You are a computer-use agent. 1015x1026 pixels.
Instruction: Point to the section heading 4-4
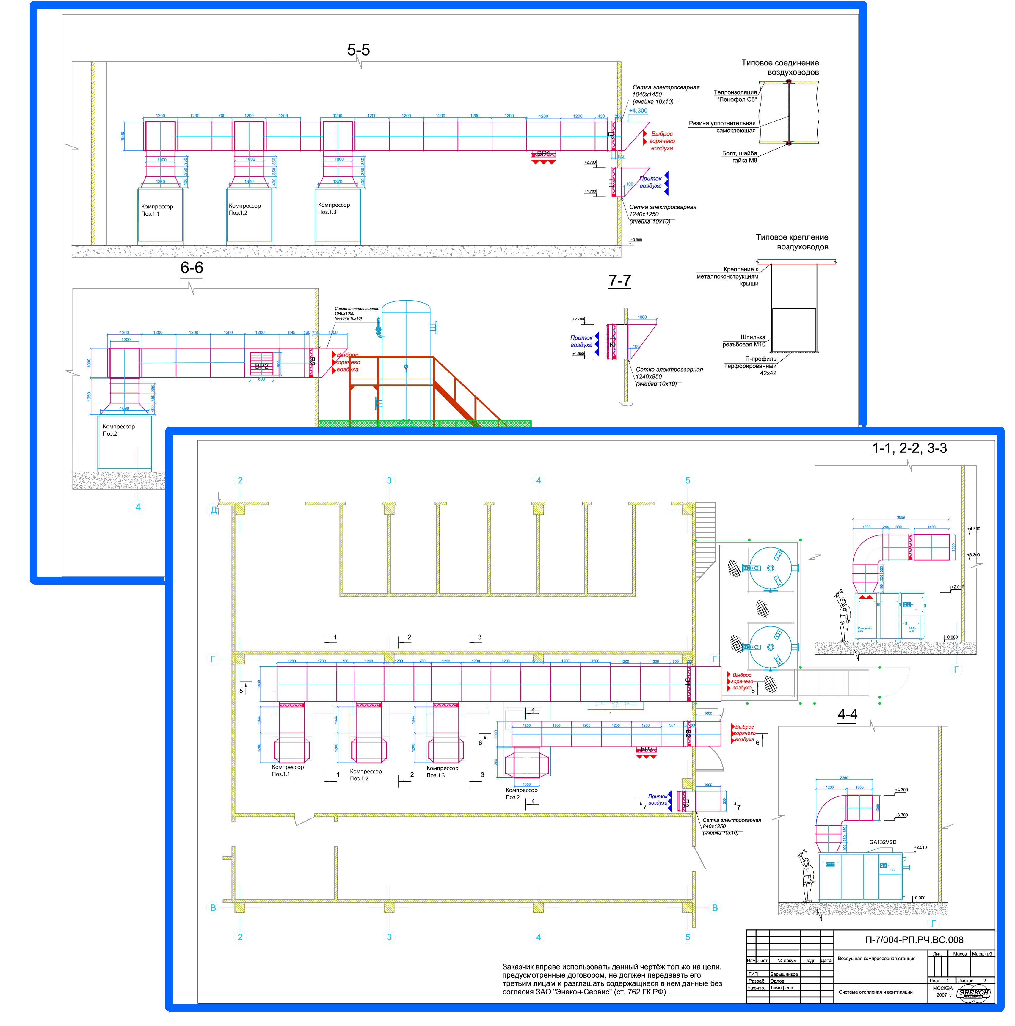[x=847, y=714]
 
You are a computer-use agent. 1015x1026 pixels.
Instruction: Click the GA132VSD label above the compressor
[x=882, y=842]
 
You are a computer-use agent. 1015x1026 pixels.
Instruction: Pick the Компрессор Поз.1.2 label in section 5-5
[x=244, y=209]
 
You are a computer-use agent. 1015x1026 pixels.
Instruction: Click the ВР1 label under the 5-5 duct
[x=543, y=153]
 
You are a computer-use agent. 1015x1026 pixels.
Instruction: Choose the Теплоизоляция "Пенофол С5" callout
[x=735, y=96]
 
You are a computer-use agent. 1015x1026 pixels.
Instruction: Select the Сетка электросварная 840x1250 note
[x=731, y=826]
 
